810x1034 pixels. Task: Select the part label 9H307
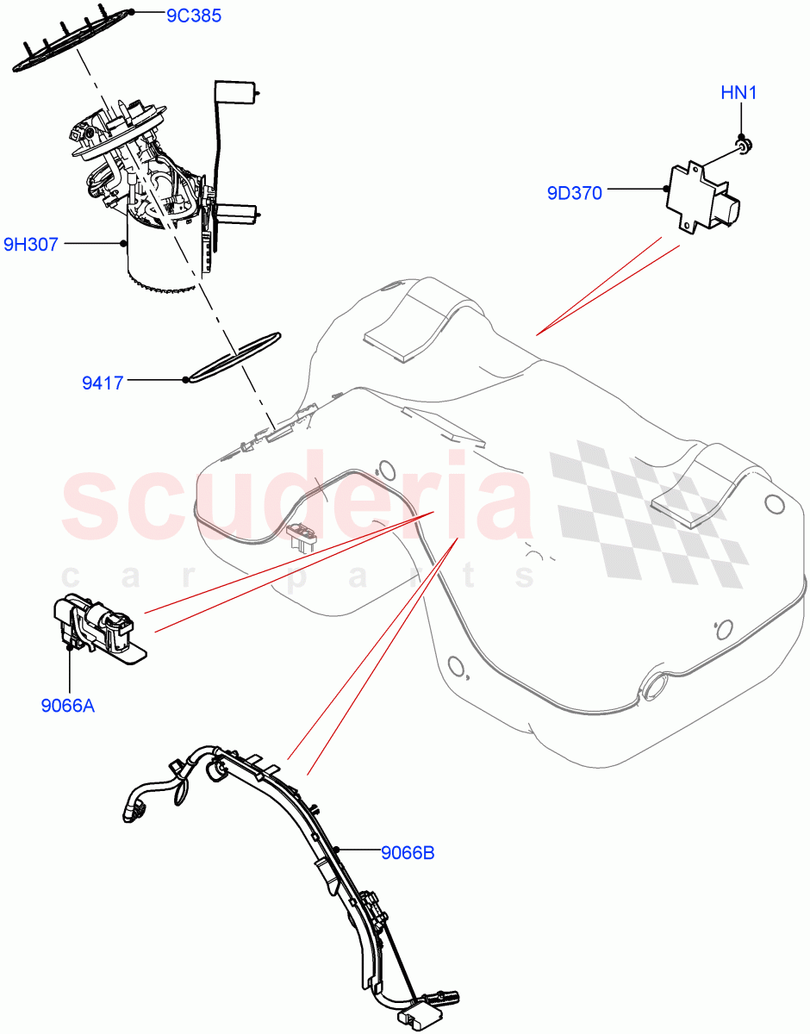point(31,245)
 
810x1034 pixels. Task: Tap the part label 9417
point(103,383)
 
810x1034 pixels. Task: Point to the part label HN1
point(738,93)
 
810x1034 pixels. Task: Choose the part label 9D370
point(574,193)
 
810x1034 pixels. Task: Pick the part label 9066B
point(408,853)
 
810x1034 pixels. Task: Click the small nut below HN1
point(743,144)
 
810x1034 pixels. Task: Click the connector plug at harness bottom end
point(422,1017)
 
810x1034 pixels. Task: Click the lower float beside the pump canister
point(236,212)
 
